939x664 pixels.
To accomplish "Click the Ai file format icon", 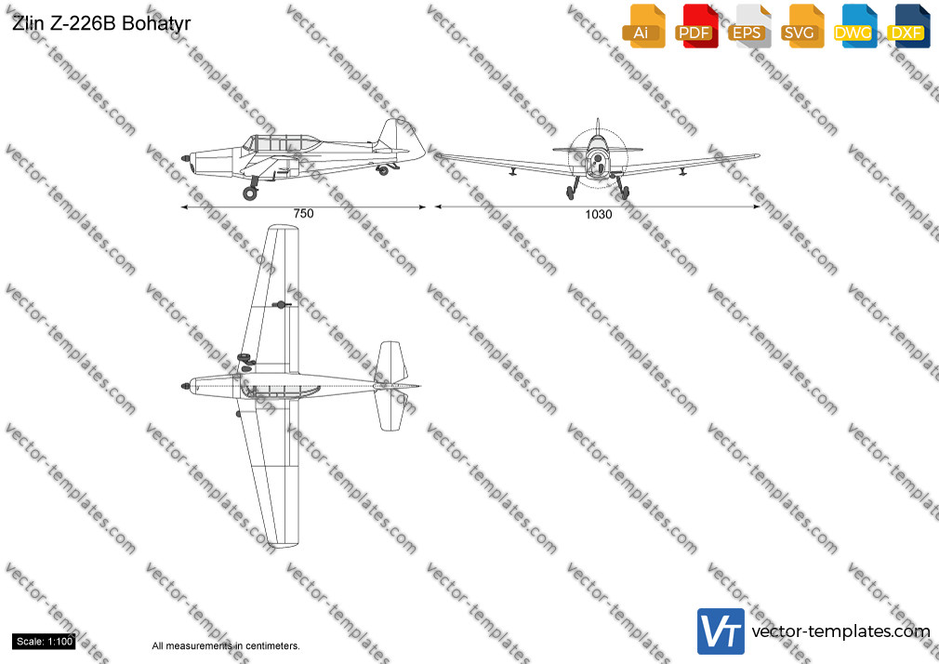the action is pyautogui.click(x=643, y=26).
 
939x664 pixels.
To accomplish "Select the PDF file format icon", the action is pyautogui.click(x=696, y=26).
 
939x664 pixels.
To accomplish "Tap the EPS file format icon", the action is pyautogui.click(x=749, y=26).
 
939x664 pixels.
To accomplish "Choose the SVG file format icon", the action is pyautogui.click(x=801, y=26).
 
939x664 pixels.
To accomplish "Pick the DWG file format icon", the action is pyautogui.click(x=855, y=26).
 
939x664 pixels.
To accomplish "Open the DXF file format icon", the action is pyautogui.click(x=908, y=26).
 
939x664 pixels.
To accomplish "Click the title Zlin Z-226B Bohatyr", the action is pyautogui.click(x=101, y=23).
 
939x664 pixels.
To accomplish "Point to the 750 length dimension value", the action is pyautogui.click(x=303, y=213).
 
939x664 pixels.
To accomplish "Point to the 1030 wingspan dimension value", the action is pyautogui.click(x=598, y=214).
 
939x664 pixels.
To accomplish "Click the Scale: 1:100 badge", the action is pyautogui.click(x=44, y=642).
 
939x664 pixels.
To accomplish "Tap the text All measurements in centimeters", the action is pyautogui.click(x=226, y=646).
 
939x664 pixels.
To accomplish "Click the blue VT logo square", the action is pyautogui.click(x=721, y=631).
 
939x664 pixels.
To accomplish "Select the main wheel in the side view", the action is pyautogui.click(x=250, y=193).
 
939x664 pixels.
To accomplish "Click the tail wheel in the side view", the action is pyautogui.click(x=383, y=171).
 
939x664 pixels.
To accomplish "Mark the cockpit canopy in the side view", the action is pyautogui.click(x=280, y=142).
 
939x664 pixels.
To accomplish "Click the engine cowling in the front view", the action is pyautogui.click(x=597, y=158).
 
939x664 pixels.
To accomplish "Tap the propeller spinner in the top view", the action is pyautogui.click(x=186, y=386).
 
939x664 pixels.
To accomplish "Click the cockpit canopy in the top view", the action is pyautogui.click(x=280, y=392).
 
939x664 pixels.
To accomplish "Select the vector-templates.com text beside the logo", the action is pyautogui.click(x=840, y=631).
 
